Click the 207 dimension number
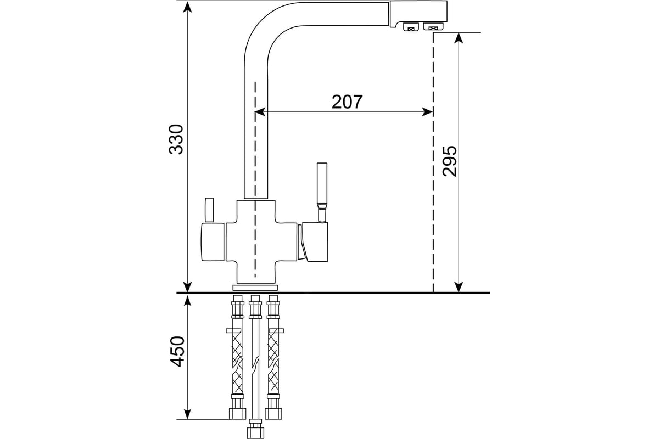(x=347, y=102)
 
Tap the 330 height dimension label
(x=176, y=139)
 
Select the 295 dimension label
(x=449, y=161)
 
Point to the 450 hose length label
(x=176, y=351)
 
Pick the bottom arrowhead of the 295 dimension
(x=459, y=286)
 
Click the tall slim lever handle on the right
(x=322, y=184)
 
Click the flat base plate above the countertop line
(x=255, y=287)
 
